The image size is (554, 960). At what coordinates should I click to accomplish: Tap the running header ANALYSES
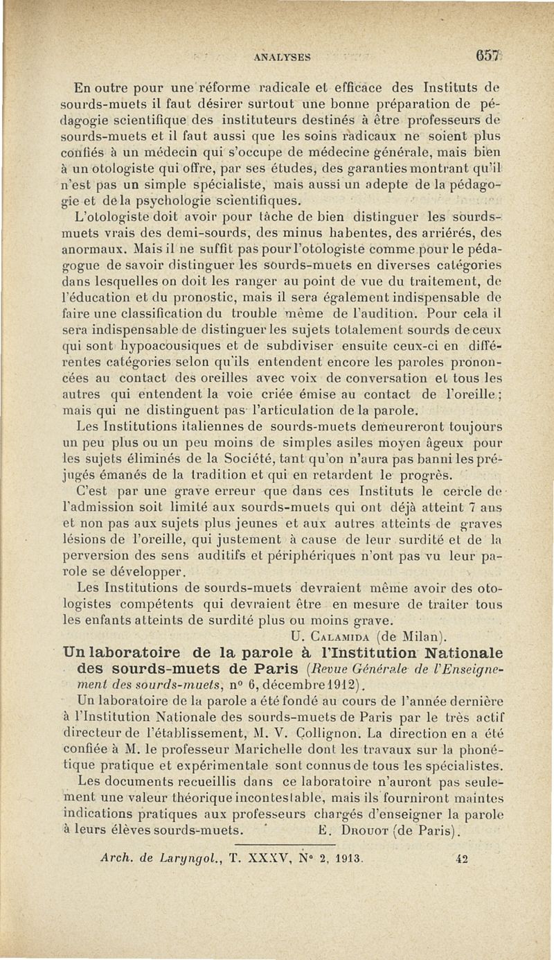282,58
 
